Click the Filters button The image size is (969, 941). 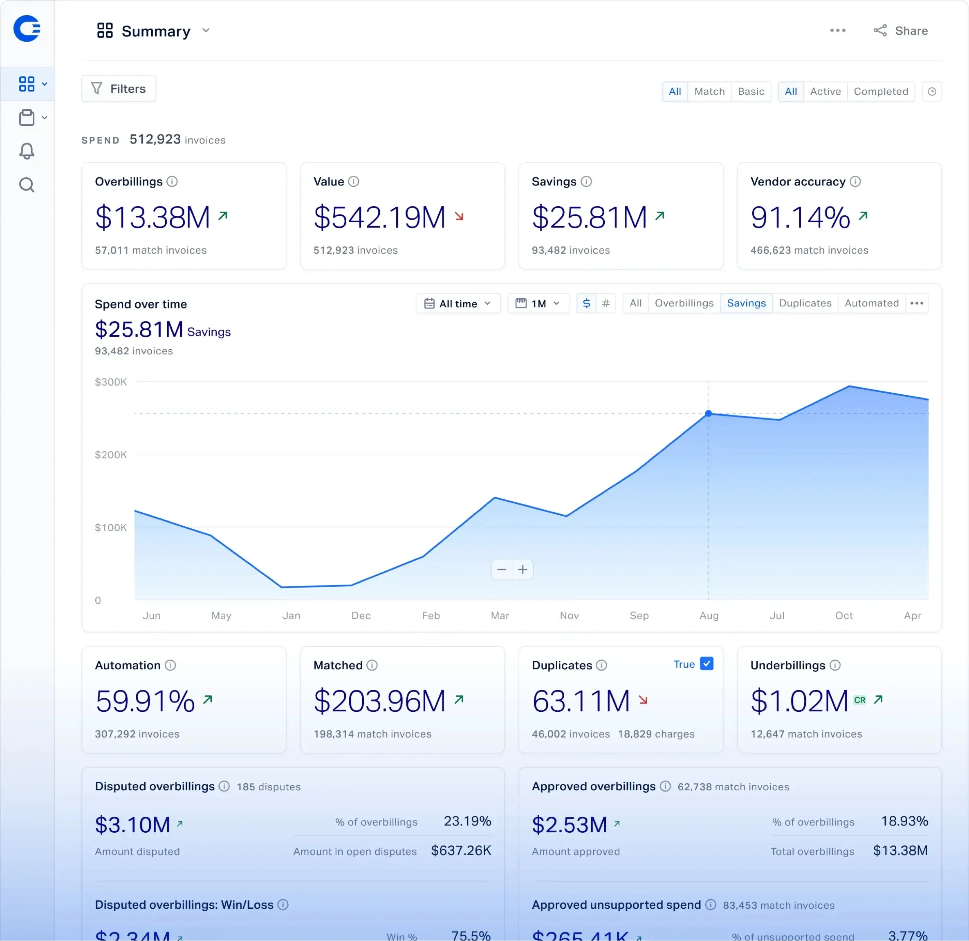(119, 89)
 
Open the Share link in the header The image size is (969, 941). (901, 31)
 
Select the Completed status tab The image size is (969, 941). (880, 92)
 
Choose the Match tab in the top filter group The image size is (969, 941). (709, 92)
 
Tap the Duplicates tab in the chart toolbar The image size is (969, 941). (805, 303)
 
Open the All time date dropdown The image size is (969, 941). (458, 304)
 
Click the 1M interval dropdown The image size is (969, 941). (538, 304)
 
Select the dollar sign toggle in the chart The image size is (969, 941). (586, 303)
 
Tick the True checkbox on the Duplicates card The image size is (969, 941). (707, 664)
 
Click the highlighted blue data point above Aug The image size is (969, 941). (708, 413)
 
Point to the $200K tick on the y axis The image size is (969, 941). (111, 455)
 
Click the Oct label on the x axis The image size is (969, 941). (844, 615)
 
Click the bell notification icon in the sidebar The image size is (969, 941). (27, 151)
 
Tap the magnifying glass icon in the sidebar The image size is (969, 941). (27, 185)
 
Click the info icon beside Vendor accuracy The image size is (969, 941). (855, 181)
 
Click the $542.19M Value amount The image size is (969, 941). (379, 217)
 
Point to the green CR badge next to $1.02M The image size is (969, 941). (860, 700)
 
